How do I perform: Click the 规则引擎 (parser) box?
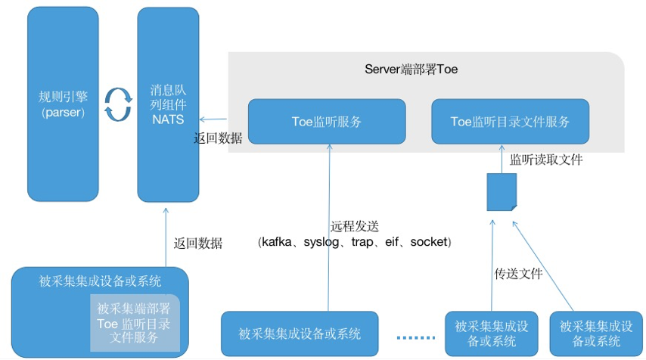coord(63,104)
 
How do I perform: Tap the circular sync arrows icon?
coord(118,104)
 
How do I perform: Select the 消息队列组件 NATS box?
coord(168,104)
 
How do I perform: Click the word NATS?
coord(168,119)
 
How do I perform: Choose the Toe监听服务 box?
coord(327,121)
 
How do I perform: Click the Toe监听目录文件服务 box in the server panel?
coord(510,121)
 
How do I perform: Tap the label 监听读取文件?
coord(545,160)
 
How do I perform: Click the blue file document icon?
coord(501,192)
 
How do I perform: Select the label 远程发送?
coord(354,225)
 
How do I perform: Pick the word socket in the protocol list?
coord(428,242)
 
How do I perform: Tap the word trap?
coord(365,242)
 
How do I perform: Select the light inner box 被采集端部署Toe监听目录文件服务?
coord(133,323)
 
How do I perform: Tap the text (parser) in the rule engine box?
coord(63,112)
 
